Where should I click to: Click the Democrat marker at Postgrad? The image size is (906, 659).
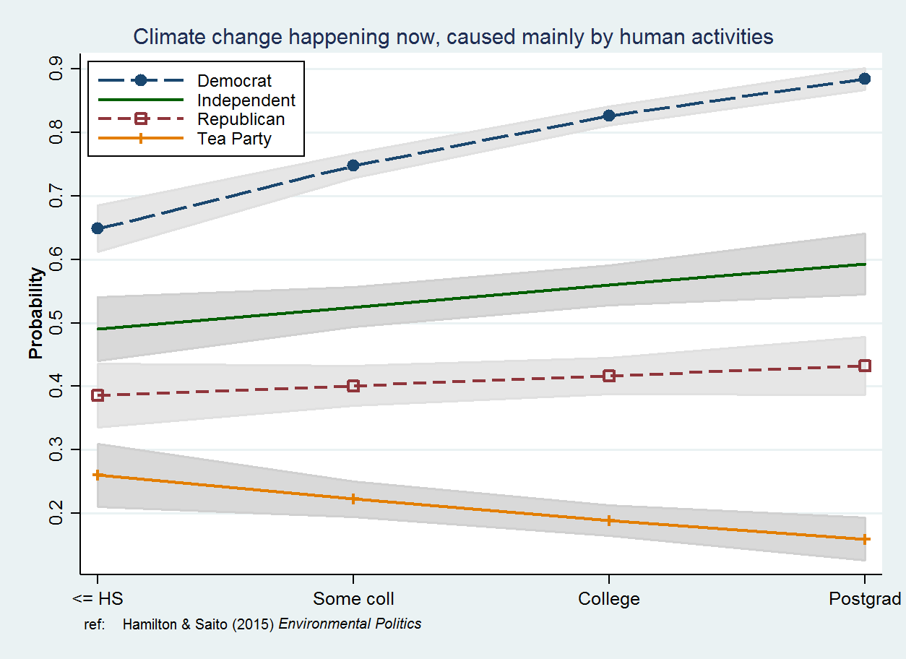[x=864, y=79]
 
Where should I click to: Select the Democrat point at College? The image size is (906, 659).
[x=609, y=116]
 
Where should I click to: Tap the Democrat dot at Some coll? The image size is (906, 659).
[x=353, y=165]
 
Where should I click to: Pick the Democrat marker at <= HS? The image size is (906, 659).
[x=98, y=228]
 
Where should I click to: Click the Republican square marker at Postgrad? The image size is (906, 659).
[x=864, y=366]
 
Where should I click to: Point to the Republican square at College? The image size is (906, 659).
[x=609, y=376]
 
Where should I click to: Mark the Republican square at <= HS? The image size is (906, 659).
[x=98, y=395]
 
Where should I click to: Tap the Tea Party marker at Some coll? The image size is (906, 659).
[x=353, y=499]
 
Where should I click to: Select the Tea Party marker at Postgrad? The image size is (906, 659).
[x=864, y=539]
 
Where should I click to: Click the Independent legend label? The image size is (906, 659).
[x=246, y=100]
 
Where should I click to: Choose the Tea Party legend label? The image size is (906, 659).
[x=234, y=139]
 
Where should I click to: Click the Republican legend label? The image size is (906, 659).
[x=241, y=120]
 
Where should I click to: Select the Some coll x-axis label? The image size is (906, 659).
[x=353, y=599]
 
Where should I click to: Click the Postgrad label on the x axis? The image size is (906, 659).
[x=865, y=599]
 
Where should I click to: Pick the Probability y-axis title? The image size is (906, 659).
[x=36, y=313]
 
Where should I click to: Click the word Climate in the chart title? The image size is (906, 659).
[x=167, y=37]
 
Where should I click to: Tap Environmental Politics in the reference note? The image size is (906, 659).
[x=350, y=624]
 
